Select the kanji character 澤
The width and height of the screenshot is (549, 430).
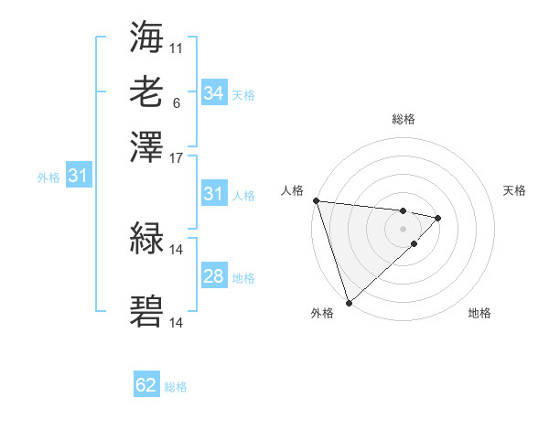147,146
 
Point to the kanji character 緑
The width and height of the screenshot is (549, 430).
147,241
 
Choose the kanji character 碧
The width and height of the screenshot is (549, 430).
147,312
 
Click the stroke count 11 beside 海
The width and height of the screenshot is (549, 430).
177,47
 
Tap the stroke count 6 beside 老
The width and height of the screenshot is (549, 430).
176,102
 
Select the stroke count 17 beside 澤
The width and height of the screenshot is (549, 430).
177,157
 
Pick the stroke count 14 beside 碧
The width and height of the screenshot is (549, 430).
177,323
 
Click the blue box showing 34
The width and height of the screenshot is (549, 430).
213,93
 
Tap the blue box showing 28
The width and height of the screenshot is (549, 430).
213,277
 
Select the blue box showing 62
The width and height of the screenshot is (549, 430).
146,385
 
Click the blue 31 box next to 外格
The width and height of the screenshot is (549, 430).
78,176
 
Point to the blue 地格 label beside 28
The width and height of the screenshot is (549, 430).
243,278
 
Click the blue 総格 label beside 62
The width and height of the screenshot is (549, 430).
176,386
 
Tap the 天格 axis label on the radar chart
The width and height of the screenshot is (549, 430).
514,190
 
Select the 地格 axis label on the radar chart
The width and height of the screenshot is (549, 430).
479,314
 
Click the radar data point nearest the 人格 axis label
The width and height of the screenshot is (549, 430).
316,200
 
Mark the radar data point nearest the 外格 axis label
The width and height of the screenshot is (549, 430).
349,302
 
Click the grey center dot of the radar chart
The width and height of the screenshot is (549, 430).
403,228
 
